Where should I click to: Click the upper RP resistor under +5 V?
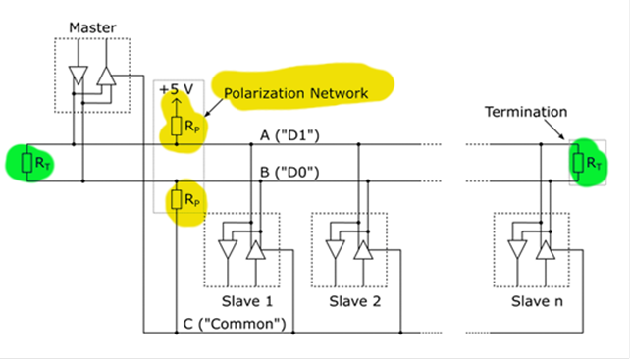(x=177, y=125)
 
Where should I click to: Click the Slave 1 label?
(x=244, y=300)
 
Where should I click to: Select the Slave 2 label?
(x=354, y=300)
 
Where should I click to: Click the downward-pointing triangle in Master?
(x=78, y=76)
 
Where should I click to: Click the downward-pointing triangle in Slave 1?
(x=229, y=250)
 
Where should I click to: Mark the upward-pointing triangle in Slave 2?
(x=364, y=250)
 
